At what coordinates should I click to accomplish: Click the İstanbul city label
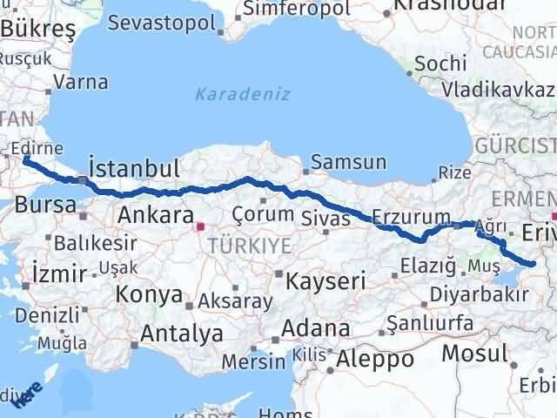(134, 168)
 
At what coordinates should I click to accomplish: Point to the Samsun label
(349, 162)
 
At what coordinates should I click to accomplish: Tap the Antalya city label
(182, 333)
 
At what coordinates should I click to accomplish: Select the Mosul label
(473, 353)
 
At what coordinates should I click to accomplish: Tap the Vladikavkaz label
(497, 89)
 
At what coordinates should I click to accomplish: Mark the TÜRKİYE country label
(249, 246)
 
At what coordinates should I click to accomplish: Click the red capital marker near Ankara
(200, 226)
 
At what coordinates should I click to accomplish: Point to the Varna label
(80, 83)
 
